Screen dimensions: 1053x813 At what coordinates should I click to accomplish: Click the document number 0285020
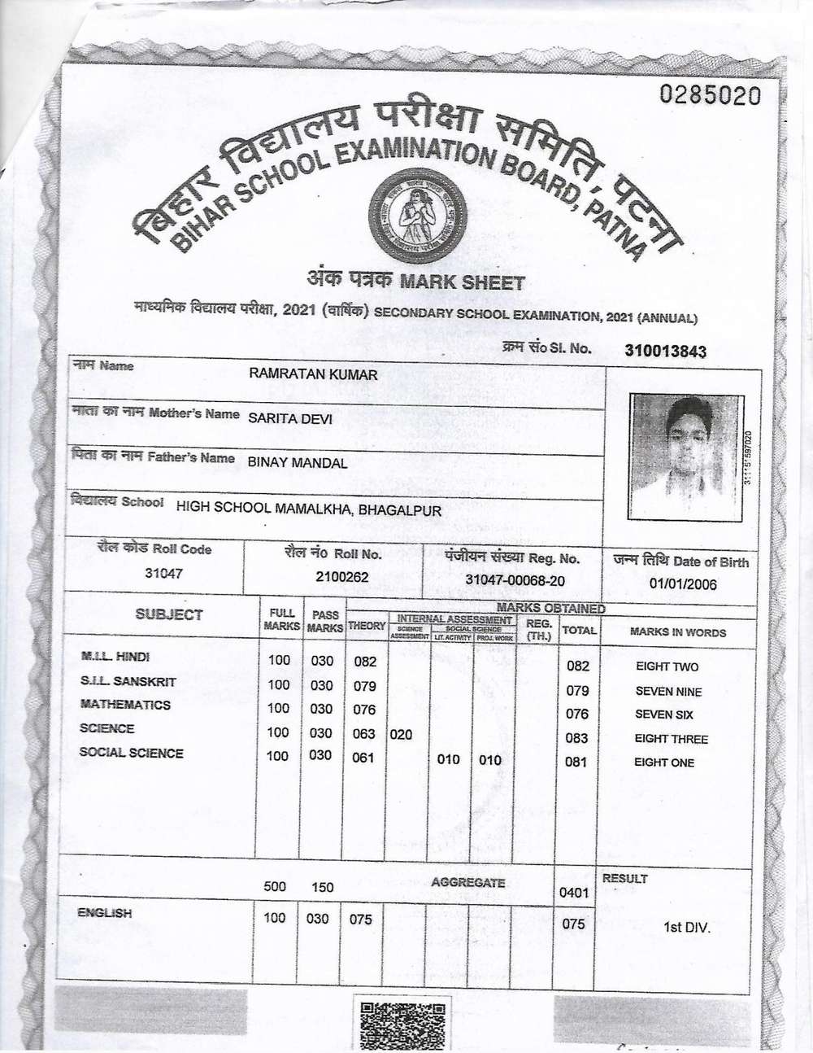(x=711, y=96)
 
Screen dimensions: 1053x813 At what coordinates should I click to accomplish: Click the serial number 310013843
(x=665, y=351)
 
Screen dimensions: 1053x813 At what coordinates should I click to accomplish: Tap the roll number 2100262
(x=342, y=576)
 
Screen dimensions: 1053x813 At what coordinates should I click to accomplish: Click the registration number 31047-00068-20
(x=515, y=580)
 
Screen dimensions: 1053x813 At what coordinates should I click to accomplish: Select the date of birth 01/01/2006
(x=683, y=583)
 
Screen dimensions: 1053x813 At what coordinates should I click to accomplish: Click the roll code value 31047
(x=163, y=573)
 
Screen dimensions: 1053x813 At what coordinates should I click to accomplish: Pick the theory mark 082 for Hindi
(x=365, y=662)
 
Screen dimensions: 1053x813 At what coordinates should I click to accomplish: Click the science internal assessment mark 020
(x=401, y=734)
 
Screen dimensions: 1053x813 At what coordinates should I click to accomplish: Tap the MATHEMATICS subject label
(x=125, y=705)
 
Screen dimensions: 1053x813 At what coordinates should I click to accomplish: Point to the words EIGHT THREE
(x=671, y=739)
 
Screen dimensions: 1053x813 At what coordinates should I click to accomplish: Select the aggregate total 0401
(x=574, y=893)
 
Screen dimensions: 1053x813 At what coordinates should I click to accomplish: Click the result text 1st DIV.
(x=687, y=926)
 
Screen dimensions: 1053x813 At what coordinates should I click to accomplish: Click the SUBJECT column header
(x=169, y=614)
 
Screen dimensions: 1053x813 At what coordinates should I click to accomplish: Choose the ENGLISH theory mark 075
(x=360, y=919)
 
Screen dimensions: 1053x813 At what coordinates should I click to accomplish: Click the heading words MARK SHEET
(x=472, y=282)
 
